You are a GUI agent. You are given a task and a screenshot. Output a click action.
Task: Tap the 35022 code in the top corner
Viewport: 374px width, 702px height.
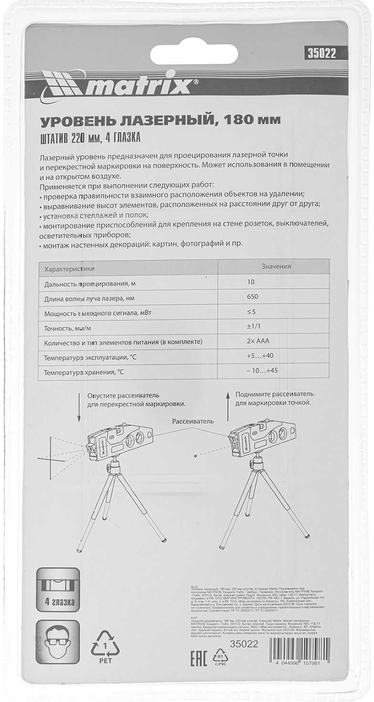click(320, 53)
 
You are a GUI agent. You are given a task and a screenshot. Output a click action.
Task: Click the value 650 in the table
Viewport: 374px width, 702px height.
click(252, 297)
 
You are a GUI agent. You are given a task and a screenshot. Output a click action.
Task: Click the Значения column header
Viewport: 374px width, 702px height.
click(276, 267)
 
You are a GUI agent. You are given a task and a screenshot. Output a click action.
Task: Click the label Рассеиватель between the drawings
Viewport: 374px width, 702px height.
click(193, 421)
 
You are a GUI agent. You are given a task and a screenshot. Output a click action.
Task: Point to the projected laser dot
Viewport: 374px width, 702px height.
click(195, 456)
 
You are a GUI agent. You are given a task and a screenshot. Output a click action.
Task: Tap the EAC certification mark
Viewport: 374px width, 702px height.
click(198, 659)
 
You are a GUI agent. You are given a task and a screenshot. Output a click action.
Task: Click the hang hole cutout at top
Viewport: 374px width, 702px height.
click(194, 54)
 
